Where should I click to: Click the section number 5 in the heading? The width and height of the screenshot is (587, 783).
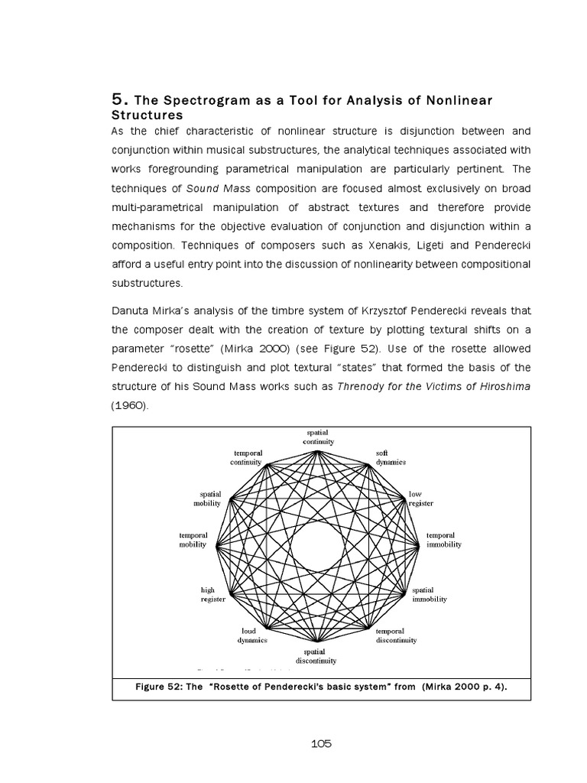click(117, 99)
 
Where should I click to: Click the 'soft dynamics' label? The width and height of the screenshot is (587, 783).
click(390, 458)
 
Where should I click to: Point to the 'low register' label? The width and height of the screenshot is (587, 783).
click(420, 499)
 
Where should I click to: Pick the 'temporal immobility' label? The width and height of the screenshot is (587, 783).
click(444, 540)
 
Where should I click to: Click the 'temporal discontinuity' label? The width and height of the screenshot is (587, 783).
click(396, 635)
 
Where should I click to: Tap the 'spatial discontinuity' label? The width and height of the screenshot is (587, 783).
click(316, 655)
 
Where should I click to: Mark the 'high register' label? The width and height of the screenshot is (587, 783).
click(212, 595)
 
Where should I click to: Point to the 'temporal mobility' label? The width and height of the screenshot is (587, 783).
click(193, 540)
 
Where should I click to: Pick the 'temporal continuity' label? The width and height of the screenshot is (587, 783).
click(246, 458)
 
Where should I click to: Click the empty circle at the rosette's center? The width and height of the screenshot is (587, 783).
click(317, 546)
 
